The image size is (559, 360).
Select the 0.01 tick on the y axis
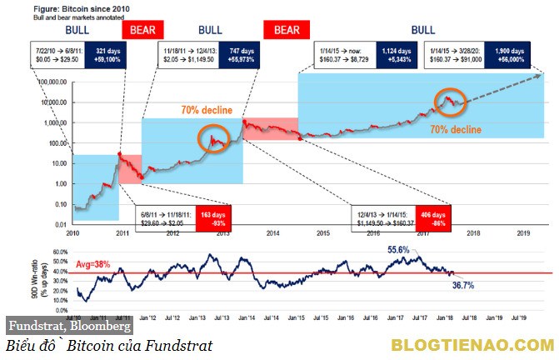coord(57,224)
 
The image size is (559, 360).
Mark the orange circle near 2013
coord(213,138)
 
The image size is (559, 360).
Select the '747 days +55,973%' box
coord(232,54)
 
